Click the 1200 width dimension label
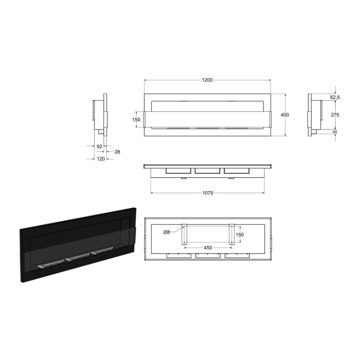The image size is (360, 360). click(x=207, y=80)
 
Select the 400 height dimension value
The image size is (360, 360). click(x=285, y=115)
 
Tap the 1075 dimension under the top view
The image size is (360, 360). click(x=208, y=193)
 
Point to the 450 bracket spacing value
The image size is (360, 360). click(x=208, y=248)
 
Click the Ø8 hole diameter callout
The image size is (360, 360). click(x=167, y=232)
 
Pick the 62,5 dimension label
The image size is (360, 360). click(x=335, y=97)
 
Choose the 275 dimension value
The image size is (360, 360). click(x=335, y=115)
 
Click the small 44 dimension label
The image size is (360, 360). click(x=335, y=132)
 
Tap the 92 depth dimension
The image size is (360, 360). click(x=99, y=146)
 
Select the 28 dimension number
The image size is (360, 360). click(x=117, y=152)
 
